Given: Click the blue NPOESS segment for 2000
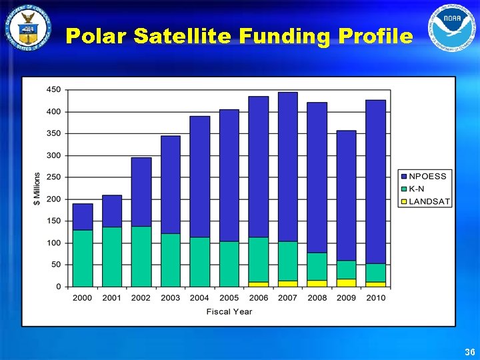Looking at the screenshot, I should tap(83, 217).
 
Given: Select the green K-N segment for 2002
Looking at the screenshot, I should tap(141, 256).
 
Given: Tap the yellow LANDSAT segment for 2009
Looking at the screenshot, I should tap(346, 283).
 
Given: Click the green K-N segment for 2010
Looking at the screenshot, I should tap(375, 273).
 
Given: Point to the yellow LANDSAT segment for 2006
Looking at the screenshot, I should tap(258, 284).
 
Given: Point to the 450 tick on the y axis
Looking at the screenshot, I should tap(53, 89).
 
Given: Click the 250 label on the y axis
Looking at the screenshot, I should tap(53, 177).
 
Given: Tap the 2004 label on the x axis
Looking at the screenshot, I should tap(199, 298).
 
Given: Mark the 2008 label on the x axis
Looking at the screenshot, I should tap(317, 298).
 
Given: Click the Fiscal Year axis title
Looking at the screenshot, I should tap(229, 311).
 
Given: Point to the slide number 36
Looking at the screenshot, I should tap(469, 351).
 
